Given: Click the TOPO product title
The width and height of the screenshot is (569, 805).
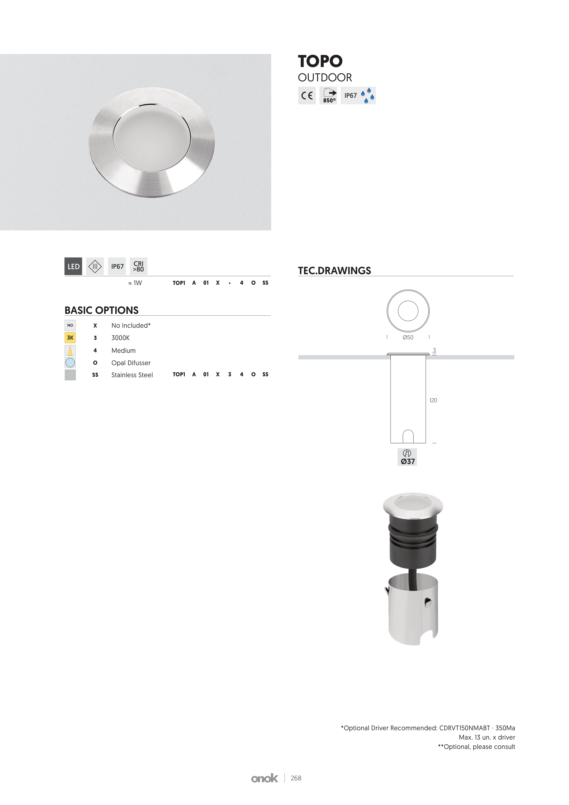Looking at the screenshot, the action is (320, 61).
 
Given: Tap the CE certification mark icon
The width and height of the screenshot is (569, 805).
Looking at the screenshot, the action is (307, 95).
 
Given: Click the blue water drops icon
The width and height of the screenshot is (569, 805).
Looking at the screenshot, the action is (367, 95).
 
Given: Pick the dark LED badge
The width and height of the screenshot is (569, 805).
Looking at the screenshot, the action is (73, 266).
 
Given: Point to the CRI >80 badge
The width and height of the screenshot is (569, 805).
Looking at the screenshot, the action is (139, 266).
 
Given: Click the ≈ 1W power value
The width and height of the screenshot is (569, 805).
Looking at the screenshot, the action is (135, 283).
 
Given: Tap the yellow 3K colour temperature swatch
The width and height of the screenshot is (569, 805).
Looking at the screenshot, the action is (70, 338).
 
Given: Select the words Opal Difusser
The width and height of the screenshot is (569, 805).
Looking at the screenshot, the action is (131, 363).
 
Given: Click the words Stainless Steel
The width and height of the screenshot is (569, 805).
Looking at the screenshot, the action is (132, 375).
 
